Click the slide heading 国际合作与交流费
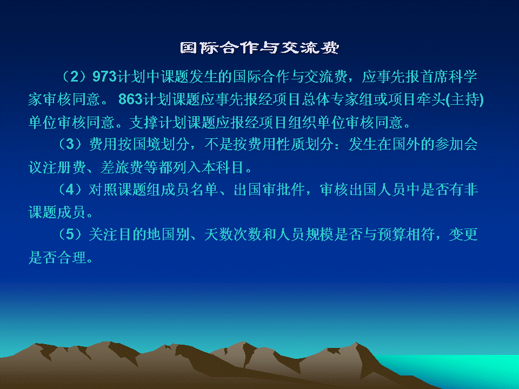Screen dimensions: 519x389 tap(259, 48)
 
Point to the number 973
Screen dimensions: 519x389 tap(104, 76)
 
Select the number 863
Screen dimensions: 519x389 tap(130, 99)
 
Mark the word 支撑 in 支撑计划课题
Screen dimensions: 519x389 tap(144, 123)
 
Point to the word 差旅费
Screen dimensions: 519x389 tap(122, 167)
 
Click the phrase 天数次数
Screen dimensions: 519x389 tap(232, 234)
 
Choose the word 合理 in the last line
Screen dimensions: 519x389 tap(71, 257)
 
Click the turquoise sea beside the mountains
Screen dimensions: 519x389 tap(463, 369)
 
